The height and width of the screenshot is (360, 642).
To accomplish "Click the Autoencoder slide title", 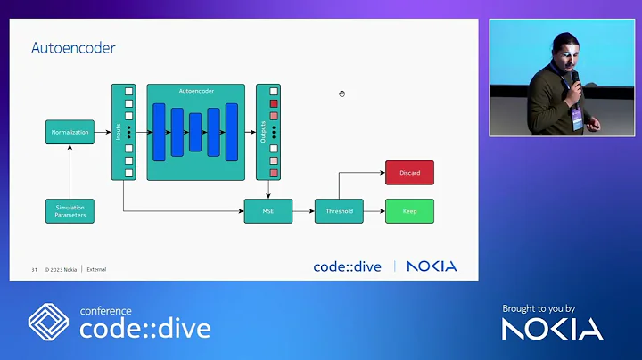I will click(73, 47).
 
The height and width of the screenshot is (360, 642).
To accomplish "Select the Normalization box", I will click(70, 132).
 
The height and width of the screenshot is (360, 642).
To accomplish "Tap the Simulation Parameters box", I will click(70, 211).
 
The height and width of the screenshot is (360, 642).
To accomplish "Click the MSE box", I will click(268, 211).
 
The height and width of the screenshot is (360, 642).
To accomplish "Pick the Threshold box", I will click(339, 211).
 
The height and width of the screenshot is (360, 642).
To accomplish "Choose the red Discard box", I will click(409, 173).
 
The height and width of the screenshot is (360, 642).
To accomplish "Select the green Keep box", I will click(409, 211).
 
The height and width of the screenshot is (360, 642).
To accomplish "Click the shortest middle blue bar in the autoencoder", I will click(195, 132).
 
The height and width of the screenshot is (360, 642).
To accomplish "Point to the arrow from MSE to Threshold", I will click(303, 211).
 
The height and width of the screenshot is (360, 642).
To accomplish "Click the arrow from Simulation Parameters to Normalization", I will click(70, 171).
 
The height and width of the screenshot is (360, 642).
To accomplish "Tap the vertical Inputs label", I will click(119, 132).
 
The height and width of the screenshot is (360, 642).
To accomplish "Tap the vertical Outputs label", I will click(264, 132).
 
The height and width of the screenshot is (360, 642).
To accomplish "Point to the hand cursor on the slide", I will click(342, 94).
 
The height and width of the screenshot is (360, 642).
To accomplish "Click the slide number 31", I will click(34, 269).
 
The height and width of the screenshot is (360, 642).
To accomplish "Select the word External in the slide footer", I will click(96, 269).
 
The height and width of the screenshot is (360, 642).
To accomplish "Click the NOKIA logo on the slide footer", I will click(432, 266).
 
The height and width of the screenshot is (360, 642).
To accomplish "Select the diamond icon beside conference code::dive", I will click(50, 323).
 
